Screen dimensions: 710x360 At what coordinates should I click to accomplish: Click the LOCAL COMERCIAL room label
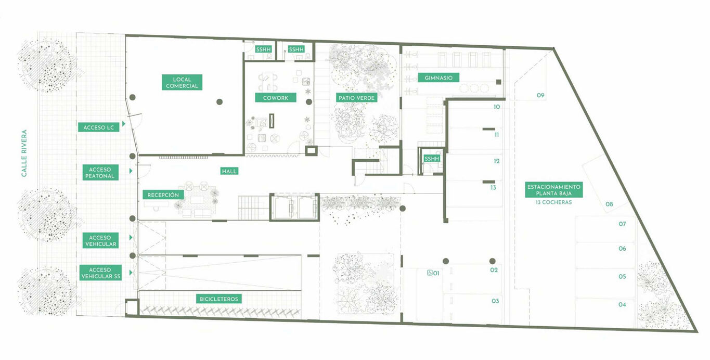(x=182, y=82)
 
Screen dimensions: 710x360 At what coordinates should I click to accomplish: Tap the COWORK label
(x=276, y=98)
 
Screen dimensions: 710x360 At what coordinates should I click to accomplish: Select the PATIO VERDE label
(x=356, y=98)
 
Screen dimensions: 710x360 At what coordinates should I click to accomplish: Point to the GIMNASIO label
(x=438, y=78)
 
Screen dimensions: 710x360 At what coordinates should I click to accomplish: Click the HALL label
(x=229, y=171)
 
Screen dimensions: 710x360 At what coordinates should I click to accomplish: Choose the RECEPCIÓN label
(x=163, y=195)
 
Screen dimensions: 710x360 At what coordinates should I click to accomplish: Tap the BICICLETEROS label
(x=218, y=299)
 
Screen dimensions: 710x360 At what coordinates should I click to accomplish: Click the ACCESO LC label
(x=99, y=127)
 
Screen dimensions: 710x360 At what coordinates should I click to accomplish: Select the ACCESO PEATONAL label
(x=100, y=172)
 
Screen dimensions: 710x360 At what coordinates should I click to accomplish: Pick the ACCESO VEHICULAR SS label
(x=100, y=273)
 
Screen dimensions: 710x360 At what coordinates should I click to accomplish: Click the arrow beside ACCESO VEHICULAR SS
(x=131, y=273)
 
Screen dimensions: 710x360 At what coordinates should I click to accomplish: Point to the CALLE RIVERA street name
(x=24, y=153)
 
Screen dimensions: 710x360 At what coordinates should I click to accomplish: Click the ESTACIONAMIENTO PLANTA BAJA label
(x=554, y=190)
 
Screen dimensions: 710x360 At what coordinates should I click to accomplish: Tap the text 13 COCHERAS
(x=554, y=202)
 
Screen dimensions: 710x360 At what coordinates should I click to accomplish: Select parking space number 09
(x=540, y=95)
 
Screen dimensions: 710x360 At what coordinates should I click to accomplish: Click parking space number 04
(x=622, y=304)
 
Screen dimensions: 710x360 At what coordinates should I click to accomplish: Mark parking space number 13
(x=493, y=188)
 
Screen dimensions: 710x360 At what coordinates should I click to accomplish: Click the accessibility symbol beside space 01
(x=430, y=273)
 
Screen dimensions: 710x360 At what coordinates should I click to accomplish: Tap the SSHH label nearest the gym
(x=432, y=159)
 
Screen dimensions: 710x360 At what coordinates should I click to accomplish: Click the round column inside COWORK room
(x=309, y=102)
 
